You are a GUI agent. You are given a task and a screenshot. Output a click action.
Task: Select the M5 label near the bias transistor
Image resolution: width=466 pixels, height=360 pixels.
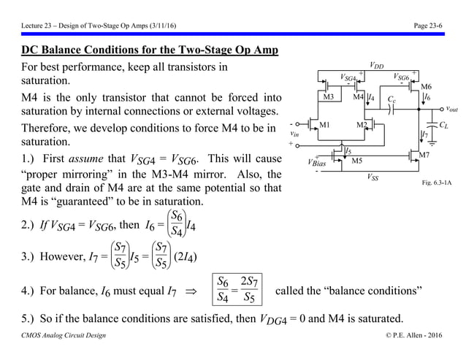[x=357, y=161]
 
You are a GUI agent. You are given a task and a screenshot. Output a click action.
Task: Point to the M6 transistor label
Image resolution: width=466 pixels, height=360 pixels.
[x=427, y=86]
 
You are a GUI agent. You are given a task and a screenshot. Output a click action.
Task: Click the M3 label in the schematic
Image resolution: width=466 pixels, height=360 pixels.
[x=329, y=96]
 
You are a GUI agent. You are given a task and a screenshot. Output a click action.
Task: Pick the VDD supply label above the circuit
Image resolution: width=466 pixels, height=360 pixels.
[x=378, y=64]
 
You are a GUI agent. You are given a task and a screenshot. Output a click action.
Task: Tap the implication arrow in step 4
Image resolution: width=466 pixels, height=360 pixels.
[x=194, y=292]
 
